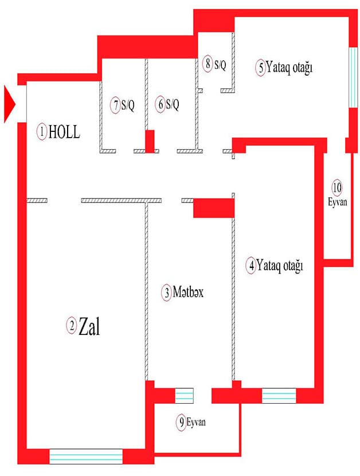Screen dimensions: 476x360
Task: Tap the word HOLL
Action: click(64, 132)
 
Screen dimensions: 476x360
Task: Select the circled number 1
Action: click(42, 131)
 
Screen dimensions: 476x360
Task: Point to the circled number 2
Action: click(72, 326)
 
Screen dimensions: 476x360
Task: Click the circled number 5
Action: click(260, 68)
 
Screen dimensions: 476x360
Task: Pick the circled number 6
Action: click(160, 105)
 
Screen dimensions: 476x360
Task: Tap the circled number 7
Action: click(116, 105)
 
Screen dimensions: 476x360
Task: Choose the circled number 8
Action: click(209, 64)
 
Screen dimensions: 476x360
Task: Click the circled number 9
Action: click(181, 423)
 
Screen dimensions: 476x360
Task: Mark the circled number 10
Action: click(337, 188)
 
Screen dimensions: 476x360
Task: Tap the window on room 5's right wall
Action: click(353, 77)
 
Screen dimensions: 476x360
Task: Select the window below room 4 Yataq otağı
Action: click(279, 396)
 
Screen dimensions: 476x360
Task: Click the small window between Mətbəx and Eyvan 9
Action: click(184, 396)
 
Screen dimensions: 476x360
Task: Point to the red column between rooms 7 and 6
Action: click(150, 141)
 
